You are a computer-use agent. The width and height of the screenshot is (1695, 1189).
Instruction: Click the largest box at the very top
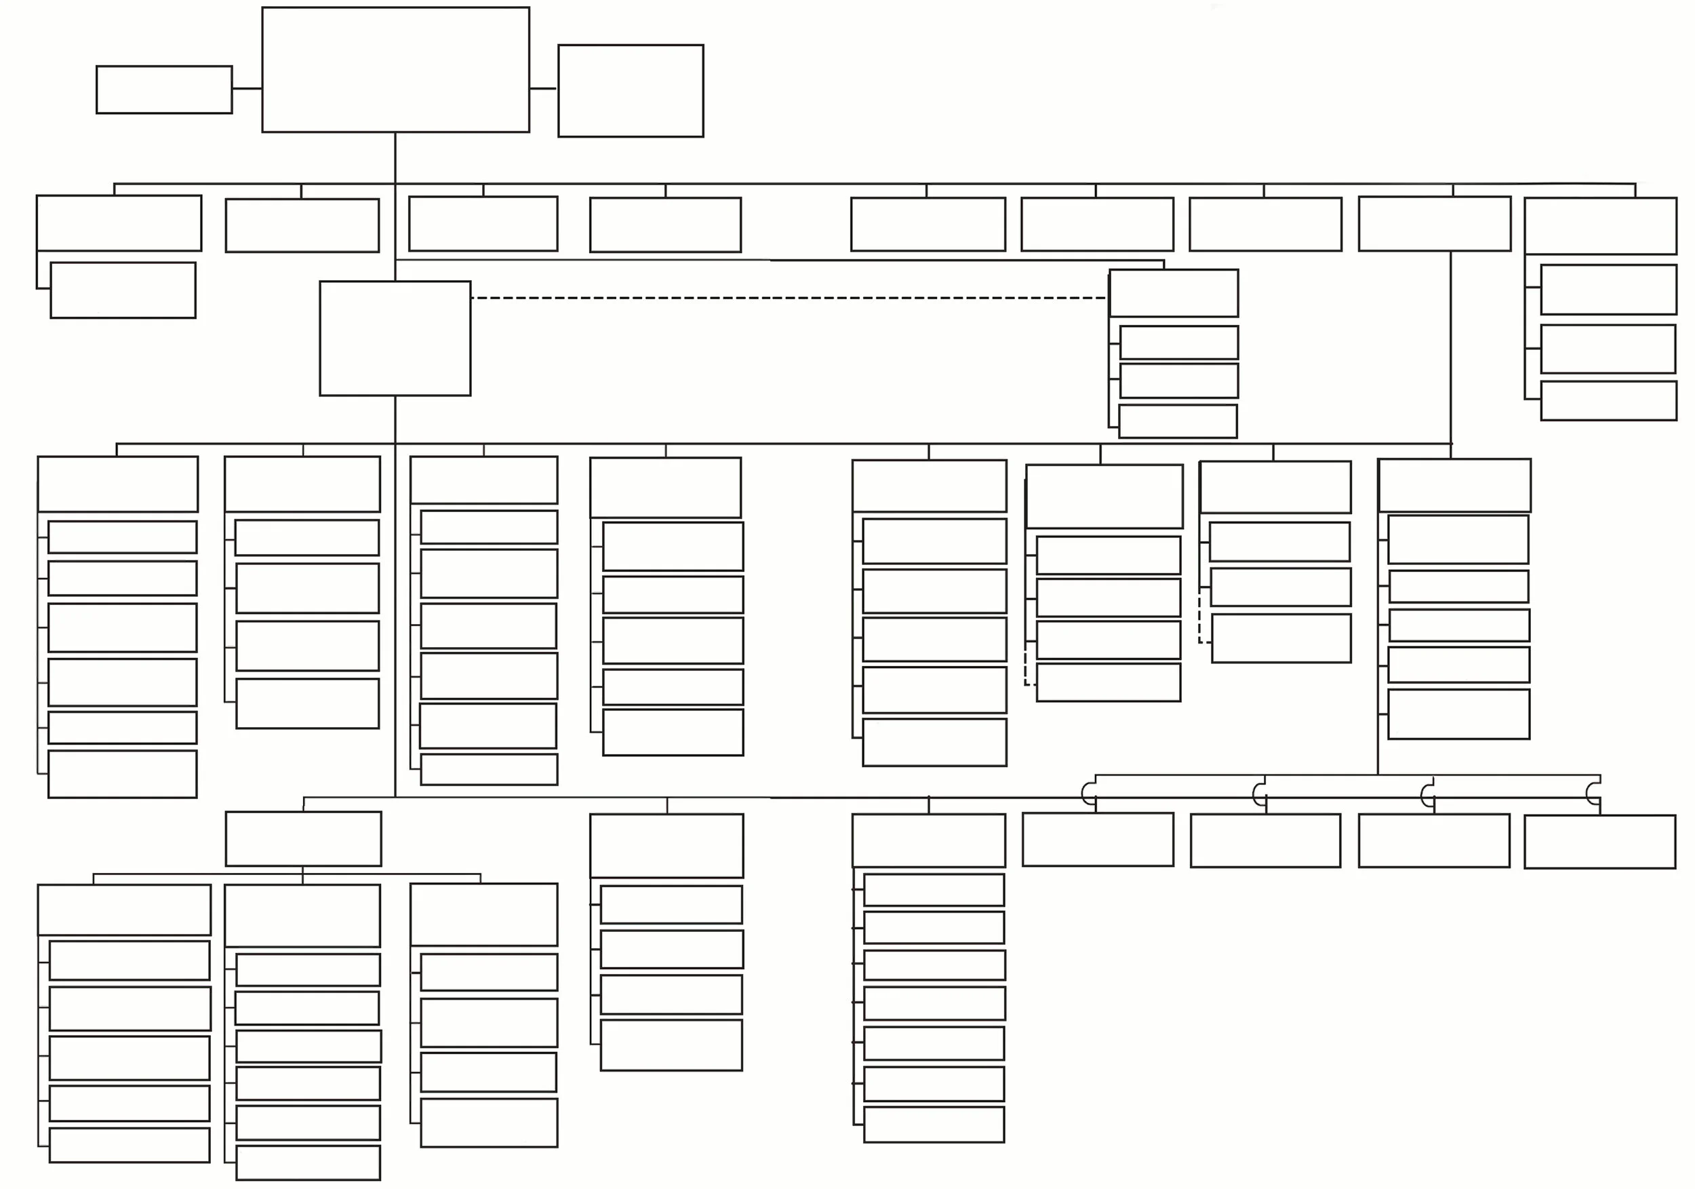pos(395,69)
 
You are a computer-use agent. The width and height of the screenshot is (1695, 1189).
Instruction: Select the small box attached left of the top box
pos(164,90)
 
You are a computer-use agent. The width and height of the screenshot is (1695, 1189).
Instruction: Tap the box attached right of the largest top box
pos(631,91)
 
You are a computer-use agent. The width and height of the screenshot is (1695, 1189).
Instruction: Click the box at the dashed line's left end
pos(395,338)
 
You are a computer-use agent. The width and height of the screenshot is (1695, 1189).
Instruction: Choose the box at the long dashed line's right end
pos(1174,293)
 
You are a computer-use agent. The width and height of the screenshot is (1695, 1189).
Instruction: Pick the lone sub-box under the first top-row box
pos(123,290)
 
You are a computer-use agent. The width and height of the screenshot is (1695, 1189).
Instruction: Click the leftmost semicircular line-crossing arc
pos(1087,794)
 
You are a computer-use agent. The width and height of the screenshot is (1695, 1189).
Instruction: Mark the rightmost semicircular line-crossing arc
pos(1592,794)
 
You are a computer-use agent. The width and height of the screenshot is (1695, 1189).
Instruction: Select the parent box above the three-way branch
pos(304,839)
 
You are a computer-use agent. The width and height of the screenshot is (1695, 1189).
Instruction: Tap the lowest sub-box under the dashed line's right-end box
pos(1178,421)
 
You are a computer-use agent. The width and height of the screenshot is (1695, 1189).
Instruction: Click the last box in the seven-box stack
pos(934,1125)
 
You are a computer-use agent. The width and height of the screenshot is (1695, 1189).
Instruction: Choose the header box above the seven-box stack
pos(929,840)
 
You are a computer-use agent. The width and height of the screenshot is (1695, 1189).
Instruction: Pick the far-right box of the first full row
pos(1601,225)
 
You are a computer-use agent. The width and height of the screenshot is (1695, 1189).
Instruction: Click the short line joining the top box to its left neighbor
pos(247,89)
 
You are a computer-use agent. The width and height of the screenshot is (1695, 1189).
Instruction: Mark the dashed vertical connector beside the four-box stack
pos(1025,669)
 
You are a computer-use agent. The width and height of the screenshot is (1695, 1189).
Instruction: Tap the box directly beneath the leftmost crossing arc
pos(1098,840)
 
